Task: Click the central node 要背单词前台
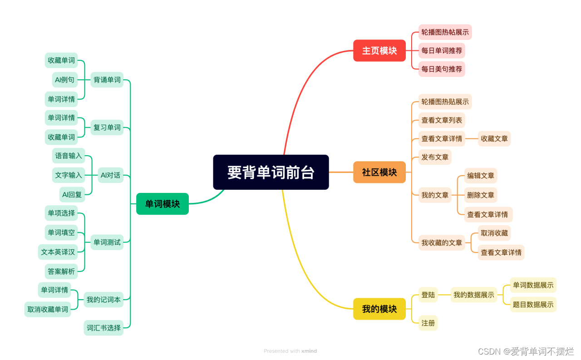click(x=271, y=172)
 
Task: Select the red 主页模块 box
click(x=379, y=50)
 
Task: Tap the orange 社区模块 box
click(x=379, y=172)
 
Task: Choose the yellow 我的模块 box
click(x=379, y=309)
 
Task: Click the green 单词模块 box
click(x=162, y=204)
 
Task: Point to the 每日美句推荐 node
click(x=442, y=69)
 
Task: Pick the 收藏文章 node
click(x=494, y=138)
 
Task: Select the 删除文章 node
click(x=481, y=195)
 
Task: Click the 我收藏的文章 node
click(x=442, y=242)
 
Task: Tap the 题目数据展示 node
click(x=533, y=305)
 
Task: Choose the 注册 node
click(x=428, y=323)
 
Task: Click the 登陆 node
click(x=428, y=295)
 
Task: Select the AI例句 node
click(x=64, y=80)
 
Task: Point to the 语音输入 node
click(x=69, y=156)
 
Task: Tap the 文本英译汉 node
click(x=58, y=252)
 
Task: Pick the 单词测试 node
click(x=107, y=242)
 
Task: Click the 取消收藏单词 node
click(x=48, y=309)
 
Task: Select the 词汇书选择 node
click(x=104, y=327)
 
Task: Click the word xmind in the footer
click(x=309, y=351)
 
